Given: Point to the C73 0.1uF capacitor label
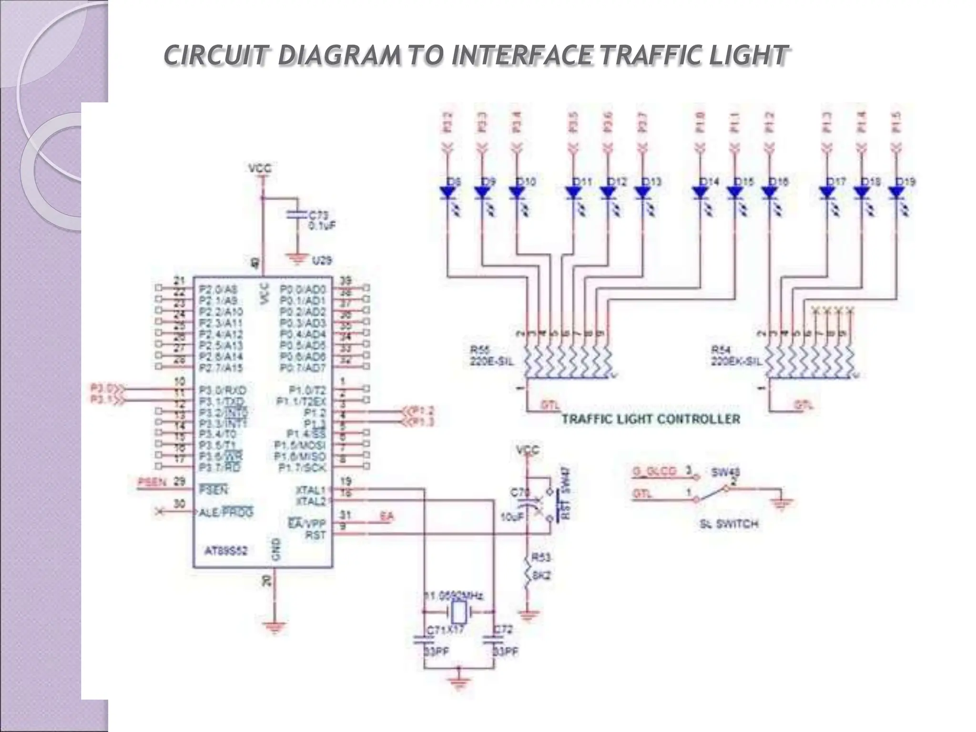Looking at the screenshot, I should (322, 221).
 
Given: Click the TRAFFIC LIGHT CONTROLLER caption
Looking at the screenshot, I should (651, 419).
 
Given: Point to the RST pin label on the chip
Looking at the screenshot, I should (315, 535).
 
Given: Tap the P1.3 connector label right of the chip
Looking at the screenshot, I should (423, 422).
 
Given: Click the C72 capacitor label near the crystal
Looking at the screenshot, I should (503, 630).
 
